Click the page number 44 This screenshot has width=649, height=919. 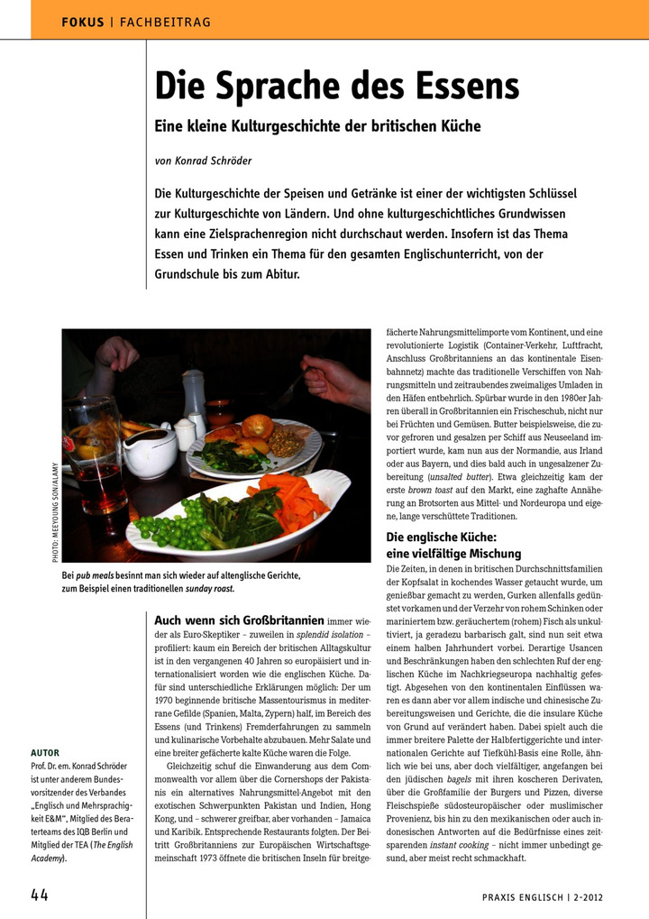(x=40, y=895)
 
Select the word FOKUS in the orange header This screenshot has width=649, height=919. (x=82, y=21)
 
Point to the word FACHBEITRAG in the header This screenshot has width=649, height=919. (x=159, y=21)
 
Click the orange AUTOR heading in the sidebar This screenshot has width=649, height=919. (x=45, y=751)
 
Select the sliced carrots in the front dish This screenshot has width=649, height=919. (x=290, y=500)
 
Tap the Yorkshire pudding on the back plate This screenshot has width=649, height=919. (x=257, y=425)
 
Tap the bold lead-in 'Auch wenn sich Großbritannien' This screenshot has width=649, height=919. (x=239, y=620)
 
